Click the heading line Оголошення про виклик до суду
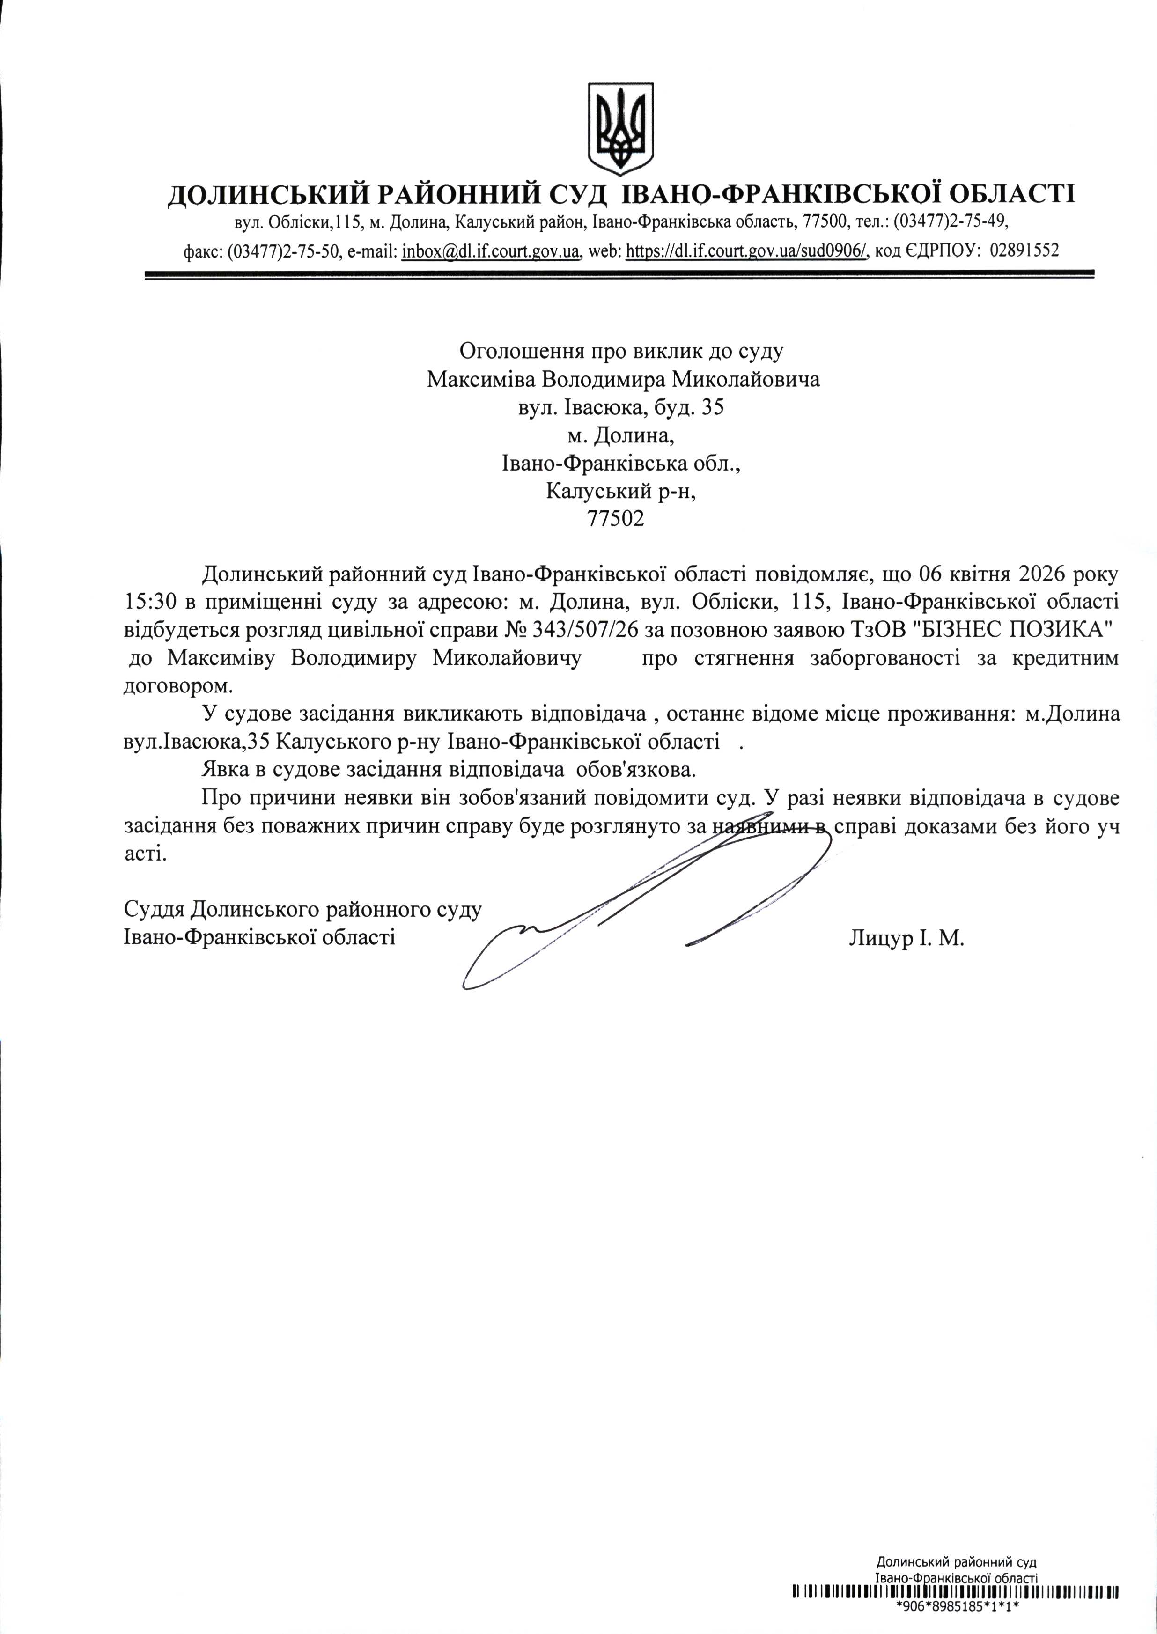point(621,351)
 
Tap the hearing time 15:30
point(151,602)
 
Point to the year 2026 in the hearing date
point(1046,574)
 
